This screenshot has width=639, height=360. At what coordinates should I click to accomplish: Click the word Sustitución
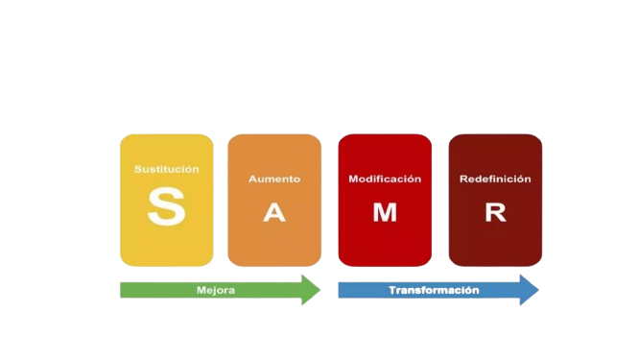point(167,169)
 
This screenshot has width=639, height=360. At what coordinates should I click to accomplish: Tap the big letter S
point(166,207)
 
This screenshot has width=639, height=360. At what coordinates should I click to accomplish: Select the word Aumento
point(274,179)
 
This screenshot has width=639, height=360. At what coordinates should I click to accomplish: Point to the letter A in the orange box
point(274,213)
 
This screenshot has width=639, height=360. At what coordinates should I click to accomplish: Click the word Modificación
point(385,179)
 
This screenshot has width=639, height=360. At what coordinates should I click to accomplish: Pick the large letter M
point(385,213)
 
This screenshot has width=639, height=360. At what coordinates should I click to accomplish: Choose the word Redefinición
point(495,179)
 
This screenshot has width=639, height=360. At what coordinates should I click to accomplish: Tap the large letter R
point(495,213)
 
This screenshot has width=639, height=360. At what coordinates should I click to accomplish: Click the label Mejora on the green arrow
point(216,289)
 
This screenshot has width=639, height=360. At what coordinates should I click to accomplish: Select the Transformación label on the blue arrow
point(434,289)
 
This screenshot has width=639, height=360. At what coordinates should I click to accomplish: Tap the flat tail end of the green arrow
point(123,289)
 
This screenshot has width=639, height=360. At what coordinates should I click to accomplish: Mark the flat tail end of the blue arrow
point(342,289)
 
